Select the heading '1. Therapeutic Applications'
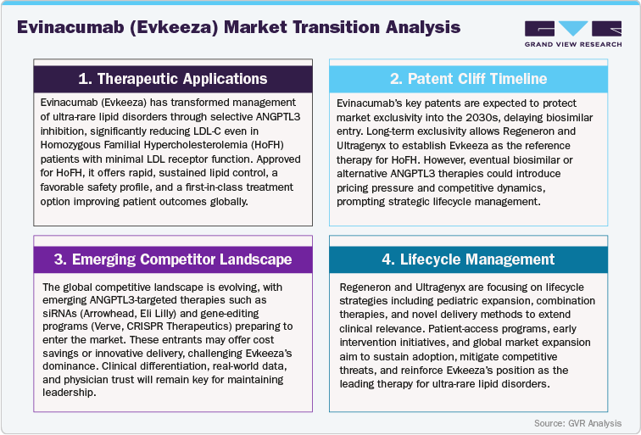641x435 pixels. click(x=172, y=79)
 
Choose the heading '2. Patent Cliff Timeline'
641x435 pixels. click(x=469, y=79)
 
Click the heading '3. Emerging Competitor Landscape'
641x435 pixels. click(x=172, y=258)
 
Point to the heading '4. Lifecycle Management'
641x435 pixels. click(x=469, y=258)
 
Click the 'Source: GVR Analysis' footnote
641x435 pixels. click(x=578, y=422)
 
